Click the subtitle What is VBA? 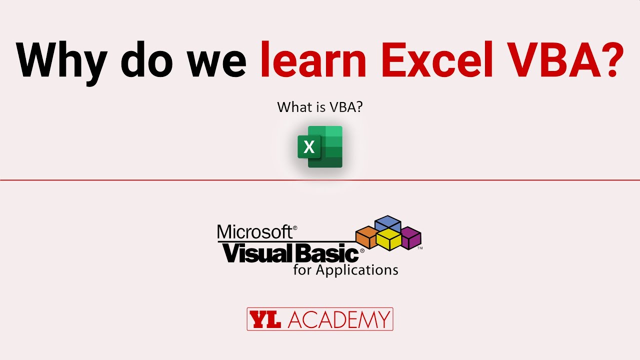click(319, 107)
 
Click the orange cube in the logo click(366, 237)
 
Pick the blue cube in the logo click(388, 223)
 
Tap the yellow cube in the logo click(389, 239)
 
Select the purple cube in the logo click(411, 237)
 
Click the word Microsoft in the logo click(254, 232)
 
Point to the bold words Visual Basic click(290, 254)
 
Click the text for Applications click(345, 270)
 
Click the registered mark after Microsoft click(295, 227)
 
